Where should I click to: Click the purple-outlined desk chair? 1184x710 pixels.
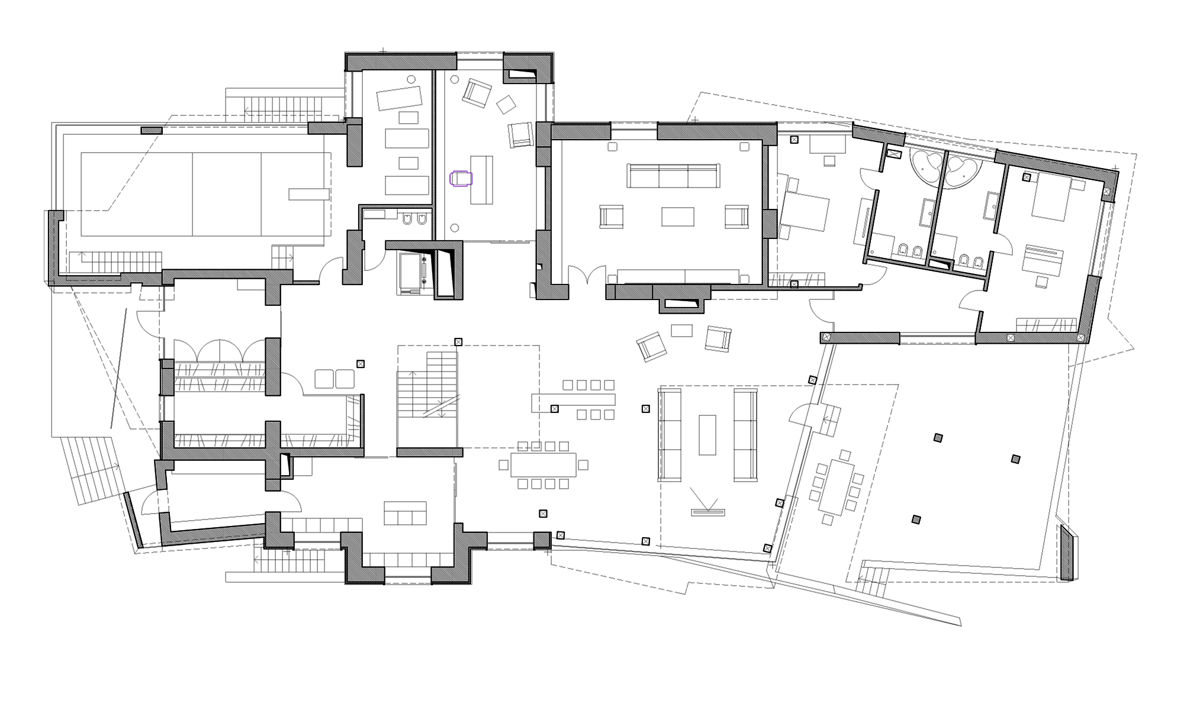pos(461,178)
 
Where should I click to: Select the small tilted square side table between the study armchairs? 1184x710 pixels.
pos(506,105)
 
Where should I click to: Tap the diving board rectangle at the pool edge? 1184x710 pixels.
pos(308,194)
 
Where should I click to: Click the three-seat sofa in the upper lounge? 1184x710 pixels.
pos(674,176)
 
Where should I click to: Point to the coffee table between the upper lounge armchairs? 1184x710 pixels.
pos(678,217)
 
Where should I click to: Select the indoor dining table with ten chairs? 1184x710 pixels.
pos(543,465)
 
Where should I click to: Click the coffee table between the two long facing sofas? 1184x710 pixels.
pos(707,434)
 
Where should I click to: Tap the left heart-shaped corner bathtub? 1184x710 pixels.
pos(926,168)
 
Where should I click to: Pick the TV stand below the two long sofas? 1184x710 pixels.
pos(708,512)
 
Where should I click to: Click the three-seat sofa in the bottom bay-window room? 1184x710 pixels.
pos(405,514)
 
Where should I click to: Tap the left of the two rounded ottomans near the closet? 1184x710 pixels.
pos(324,379)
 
